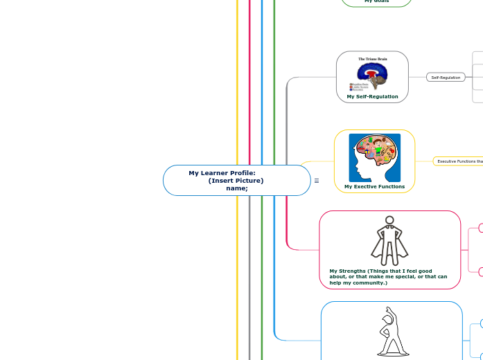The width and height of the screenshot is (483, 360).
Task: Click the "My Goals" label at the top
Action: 376,1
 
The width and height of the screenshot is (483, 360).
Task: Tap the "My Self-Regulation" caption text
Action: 372,97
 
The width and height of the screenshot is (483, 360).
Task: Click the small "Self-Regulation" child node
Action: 446,78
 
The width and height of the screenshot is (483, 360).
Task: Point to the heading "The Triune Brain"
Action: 373,60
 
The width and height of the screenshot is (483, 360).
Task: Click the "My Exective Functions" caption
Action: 374,186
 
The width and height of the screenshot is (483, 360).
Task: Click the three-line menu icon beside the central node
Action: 317,181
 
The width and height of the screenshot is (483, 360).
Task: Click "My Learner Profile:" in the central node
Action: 222,173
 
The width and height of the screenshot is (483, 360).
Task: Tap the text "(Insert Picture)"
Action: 236,181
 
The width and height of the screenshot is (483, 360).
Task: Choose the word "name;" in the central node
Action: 236,188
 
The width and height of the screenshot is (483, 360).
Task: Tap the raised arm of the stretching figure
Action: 389,313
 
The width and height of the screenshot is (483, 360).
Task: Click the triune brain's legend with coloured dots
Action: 359,87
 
